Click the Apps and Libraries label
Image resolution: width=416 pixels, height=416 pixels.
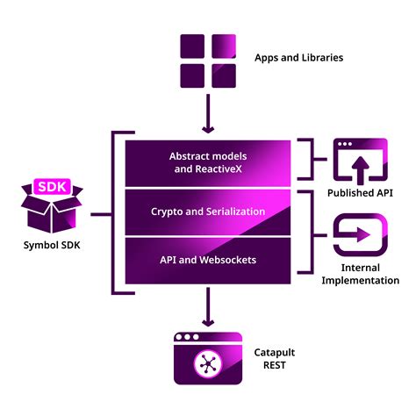(298, 58)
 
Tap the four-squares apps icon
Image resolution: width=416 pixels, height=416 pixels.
(208, 61)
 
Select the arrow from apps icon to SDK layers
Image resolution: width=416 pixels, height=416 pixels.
(208, 113)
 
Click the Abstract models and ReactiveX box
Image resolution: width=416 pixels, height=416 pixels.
(208, 163)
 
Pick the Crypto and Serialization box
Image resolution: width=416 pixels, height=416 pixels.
(208, 212)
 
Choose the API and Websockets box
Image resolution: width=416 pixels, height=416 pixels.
(208, 261)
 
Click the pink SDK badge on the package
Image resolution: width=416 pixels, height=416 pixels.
(53, 186)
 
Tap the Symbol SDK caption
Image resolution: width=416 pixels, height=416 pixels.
(52, 245)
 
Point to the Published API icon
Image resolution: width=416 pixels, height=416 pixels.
(361, 161)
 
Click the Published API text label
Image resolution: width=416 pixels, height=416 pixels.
(360, 193)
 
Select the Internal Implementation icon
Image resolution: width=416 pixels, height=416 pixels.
(361, 234)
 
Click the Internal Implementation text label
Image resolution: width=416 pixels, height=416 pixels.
(361, 274)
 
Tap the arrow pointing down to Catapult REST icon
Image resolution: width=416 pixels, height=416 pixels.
(208, 307)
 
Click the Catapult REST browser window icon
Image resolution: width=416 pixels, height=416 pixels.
(208, 358)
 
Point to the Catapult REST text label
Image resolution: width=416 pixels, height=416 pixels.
(275, 359)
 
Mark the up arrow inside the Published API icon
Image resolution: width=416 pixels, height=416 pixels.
(361, 170)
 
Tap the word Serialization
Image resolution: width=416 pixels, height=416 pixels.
(236, 212)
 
